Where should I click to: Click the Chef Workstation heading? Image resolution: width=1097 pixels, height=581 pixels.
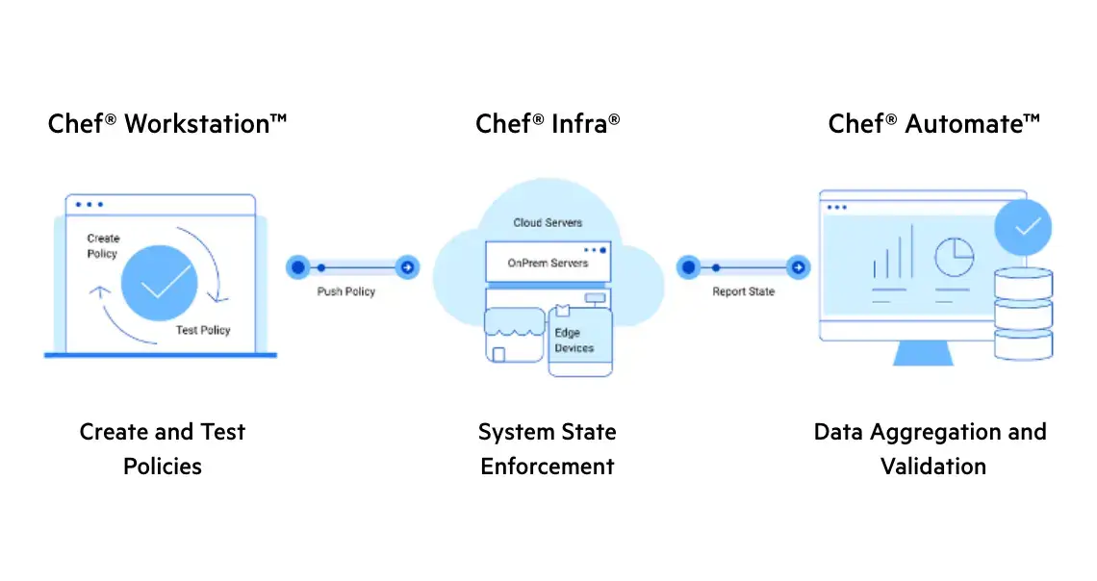tap(167, 124)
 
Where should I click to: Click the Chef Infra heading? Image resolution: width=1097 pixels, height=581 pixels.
tap(548, 124)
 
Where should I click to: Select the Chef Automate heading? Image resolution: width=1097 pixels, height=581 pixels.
tap(933, 124)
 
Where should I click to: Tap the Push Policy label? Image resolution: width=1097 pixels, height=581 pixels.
tap(346, 291)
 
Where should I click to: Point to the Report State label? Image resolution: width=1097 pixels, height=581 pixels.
tap(743, 291)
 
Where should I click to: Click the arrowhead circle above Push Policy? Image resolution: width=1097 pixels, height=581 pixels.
tap(407, 267)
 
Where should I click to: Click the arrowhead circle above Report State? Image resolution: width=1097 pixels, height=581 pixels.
tap(798, 267)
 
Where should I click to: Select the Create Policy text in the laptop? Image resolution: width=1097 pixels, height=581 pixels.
tap(103, 246)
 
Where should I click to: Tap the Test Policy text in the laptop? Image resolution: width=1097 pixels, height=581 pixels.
tap(203, 330)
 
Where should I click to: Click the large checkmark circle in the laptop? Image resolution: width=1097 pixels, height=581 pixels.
tap(160, 284)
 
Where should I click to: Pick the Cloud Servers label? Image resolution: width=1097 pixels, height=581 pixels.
tap(548, 223)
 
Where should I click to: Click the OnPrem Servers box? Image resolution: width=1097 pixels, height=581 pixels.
tap(548, 263)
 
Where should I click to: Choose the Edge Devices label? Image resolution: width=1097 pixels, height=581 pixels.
tap(574, 341)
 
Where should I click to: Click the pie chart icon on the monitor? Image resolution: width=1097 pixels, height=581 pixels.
tap(954, 257)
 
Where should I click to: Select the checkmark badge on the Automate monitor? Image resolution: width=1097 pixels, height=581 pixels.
tap(1023, 227)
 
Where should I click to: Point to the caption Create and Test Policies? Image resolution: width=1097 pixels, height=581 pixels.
tap(163, 449)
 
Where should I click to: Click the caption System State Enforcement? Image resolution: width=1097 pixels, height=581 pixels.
tap(548, 449)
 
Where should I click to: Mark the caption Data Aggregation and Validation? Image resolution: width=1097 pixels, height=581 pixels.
tap(931, 449)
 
